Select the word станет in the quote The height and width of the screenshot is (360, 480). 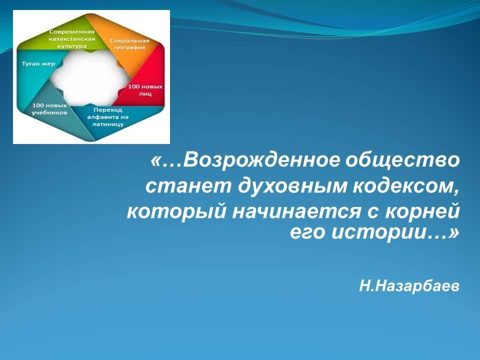click(x=188, y=186)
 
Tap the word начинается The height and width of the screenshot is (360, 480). click(x=296, y=211)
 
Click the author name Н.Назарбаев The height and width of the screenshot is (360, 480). click(x=409, y=286)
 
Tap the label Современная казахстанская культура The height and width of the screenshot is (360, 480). click(x=72, y=39)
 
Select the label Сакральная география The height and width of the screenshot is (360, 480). click(x=129, y=44)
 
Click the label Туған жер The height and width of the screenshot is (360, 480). click(x=38, y=63)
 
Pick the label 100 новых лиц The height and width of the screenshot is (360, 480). click(x=145, y=90)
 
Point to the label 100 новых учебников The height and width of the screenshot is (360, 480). click(x=49, y=109)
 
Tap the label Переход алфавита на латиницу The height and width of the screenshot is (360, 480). click(x=108, y=117)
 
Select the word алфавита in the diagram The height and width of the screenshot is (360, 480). click(x=100, y=117)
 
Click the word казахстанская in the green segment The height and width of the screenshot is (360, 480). click(x=72, y=39)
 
